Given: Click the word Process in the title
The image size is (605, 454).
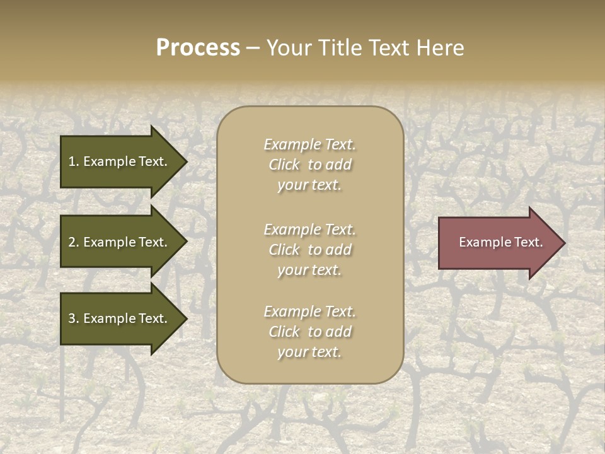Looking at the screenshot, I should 198,48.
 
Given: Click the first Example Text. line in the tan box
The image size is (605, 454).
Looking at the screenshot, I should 309,144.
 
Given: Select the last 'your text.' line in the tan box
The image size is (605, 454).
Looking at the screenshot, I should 309,352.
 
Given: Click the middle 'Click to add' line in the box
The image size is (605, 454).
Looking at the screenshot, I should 309,250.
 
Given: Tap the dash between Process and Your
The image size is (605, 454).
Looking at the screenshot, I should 253,49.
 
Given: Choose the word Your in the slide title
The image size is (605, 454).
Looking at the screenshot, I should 287,48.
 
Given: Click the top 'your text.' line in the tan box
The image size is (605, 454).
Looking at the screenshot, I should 309,185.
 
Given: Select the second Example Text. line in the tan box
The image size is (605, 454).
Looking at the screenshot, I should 309,229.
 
